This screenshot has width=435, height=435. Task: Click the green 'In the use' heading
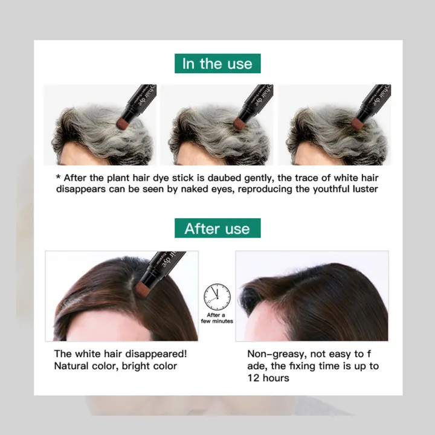point(217,63)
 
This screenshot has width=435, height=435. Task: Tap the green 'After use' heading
point(217,228)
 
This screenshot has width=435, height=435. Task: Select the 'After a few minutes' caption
point(217,318)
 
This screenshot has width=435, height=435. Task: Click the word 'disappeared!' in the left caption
point(155,354)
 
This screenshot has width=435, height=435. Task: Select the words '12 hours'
point(268,378)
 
